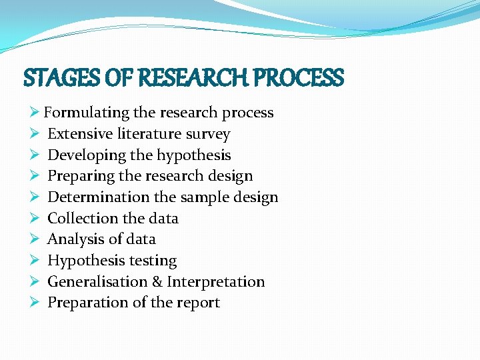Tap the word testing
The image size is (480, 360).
[153, 261]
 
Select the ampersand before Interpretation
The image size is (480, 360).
[157, 281]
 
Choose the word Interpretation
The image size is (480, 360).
[215, 281]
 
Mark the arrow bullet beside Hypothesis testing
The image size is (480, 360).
[35, 260]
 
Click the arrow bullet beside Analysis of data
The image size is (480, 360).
[35, 239]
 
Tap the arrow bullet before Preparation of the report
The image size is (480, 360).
[35, 302]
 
